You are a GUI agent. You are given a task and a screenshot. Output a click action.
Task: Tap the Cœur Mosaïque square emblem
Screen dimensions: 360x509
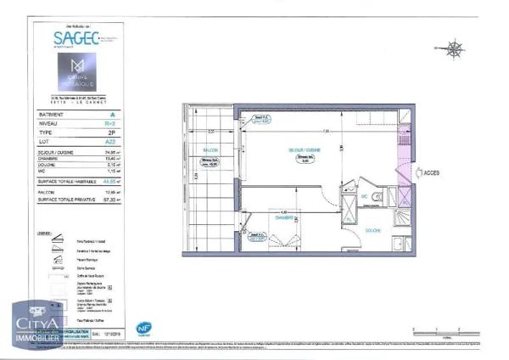pyautogui.click(x=78, y=68)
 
